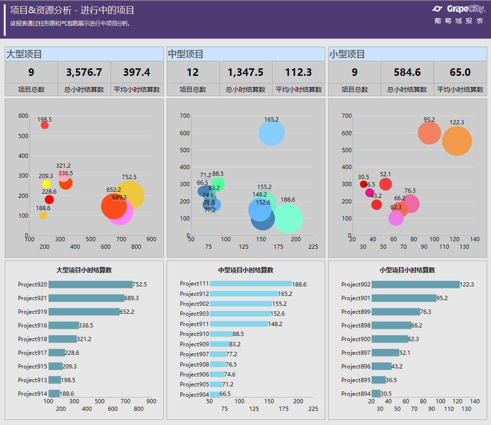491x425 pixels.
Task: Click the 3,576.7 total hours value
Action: [84, 72]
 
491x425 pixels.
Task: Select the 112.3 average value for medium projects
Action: [298, 72]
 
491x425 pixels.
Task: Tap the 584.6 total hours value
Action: [407, 72]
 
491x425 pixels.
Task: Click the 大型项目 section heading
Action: [24, 54]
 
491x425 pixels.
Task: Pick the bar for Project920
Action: [90, 285]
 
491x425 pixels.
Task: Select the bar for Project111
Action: [251, 284]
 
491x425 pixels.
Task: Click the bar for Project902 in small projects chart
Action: [415, 285]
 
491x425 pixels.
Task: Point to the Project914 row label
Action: [32, 394]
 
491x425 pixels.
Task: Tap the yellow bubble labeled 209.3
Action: [46, 184]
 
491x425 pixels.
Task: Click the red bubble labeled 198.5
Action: [45, 125]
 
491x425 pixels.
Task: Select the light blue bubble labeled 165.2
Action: [272, 133]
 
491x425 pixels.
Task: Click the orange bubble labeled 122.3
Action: [457, 141]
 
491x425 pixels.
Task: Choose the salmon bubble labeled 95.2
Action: [429, 133]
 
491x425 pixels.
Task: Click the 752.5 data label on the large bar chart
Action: [140, 285]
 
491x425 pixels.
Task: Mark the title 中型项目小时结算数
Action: [245, 270]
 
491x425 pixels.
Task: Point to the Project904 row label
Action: [194, 394]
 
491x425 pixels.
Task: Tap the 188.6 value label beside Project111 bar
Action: [299, 284]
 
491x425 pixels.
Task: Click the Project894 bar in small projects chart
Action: [376, 393]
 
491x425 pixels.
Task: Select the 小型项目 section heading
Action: [347, 54]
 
